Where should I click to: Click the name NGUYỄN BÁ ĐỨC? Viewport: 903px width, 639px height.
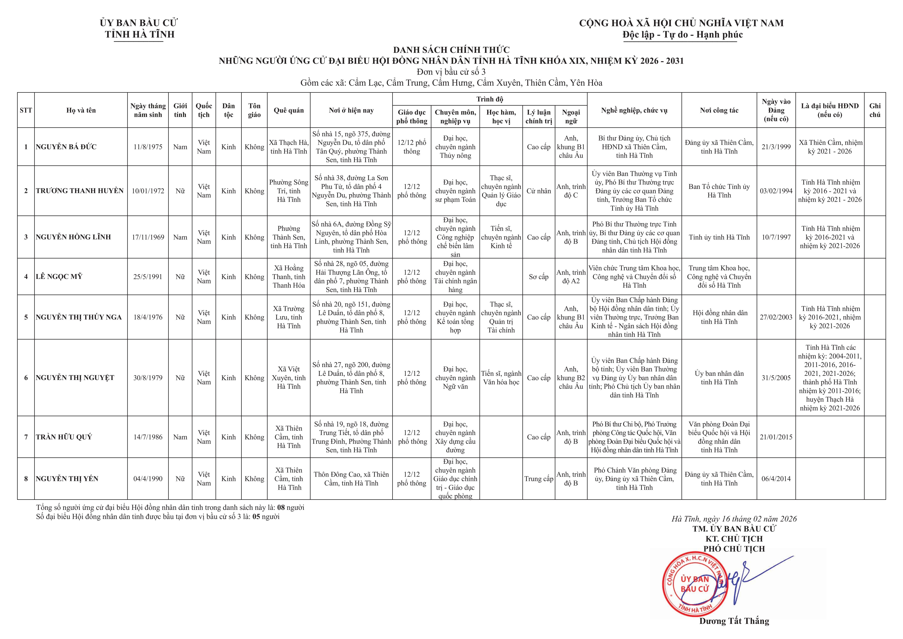(x=66, y=147)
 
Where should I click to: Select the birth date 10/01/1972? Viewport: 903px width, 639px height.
(x=148, y=191)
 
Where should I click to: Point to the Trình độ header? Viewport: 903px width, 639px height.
(x=490, y=99)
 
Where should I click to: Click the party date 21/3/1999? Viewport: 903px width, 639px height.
(x=776, y=147)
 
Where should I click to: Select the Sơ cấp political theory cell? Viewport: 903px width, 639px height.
(x=538, y=277)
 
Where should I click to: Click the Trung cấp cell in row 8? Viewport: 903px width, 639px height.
(x=538, y=479)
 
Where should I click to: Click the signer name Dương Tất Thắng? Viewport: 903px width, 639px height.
(x=734, y=621)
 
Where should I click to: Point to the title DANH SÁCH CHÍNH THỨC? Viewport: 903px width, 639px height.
(x=451, y=50)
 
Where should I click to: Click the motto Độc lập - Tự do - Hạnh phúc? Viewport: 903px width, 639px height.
(x=682, y=35)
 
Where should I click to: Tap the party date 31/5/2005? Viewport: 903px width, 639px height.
(x=776, y=378)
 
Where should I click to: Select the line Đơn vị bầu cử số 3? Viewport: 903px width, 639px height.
(x=451, y=72)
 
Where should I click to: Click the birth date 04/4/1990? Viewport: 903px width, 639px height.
(x=148, y=479)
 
